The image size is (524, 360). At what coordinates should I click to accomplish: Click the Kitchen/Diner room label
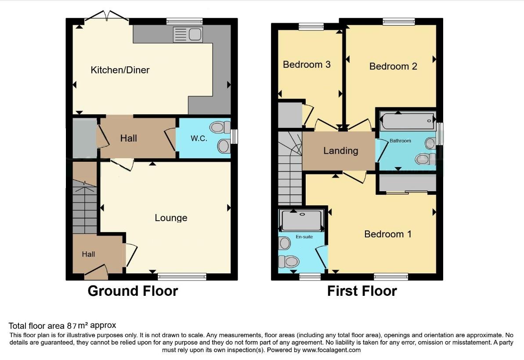[120, 70]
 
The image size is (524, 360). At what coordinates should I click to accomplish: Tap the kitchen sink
[188, 34]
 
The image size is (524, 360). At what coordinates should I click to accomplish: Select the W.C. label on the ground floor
[199, 138]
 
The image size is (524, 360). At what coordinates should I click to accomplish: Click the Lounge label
[171, 218]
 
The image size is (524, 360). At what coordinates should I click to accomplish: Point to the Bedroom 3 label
[307, 65]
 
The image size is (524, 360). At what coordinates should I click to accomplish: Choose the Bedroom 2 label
[393, 66]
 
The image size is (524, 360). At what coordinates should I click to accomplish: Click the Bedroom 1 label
[388, 234]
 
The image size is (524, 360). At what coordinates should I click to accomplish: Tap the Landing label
[340, 151]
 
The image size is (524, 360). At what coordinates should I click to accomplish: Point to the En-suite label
[304, 237]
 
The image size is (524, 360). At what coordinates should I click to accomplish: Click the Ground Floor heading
[133, 291]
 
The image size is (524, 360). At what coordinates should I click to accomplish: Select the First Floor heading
[362, 291]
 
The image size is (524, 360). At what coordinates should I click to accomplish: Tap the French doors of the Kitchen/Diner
[107, 17]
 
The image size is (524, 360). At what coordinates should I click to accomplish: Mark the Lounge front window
[182, 276]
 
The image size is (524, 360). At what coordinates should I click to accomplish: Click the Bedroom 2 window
[398, 21]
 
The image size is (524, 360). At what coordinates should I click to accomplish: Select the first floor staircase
[290, 171]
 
